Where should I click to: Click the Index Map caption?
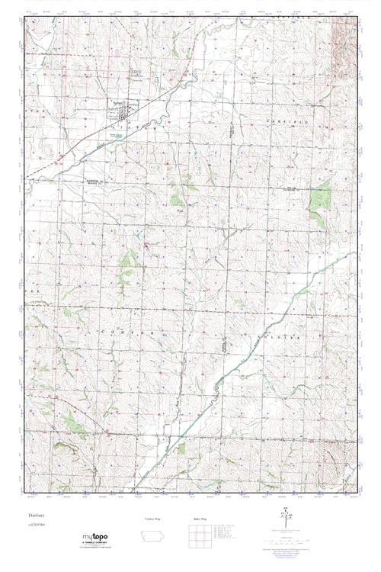pyautogui.click(x=202, y=519)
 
